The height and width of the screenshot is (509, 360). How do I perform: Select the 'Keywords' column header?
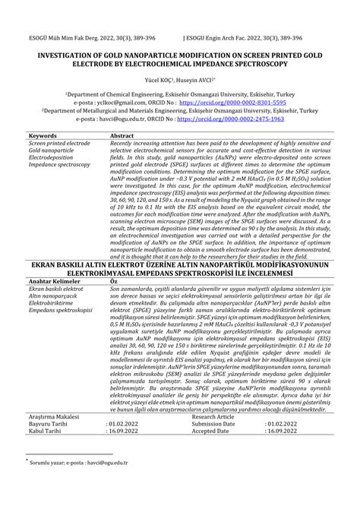43,134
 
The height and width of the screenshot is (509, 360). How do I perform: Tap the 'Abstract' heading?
122,134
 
